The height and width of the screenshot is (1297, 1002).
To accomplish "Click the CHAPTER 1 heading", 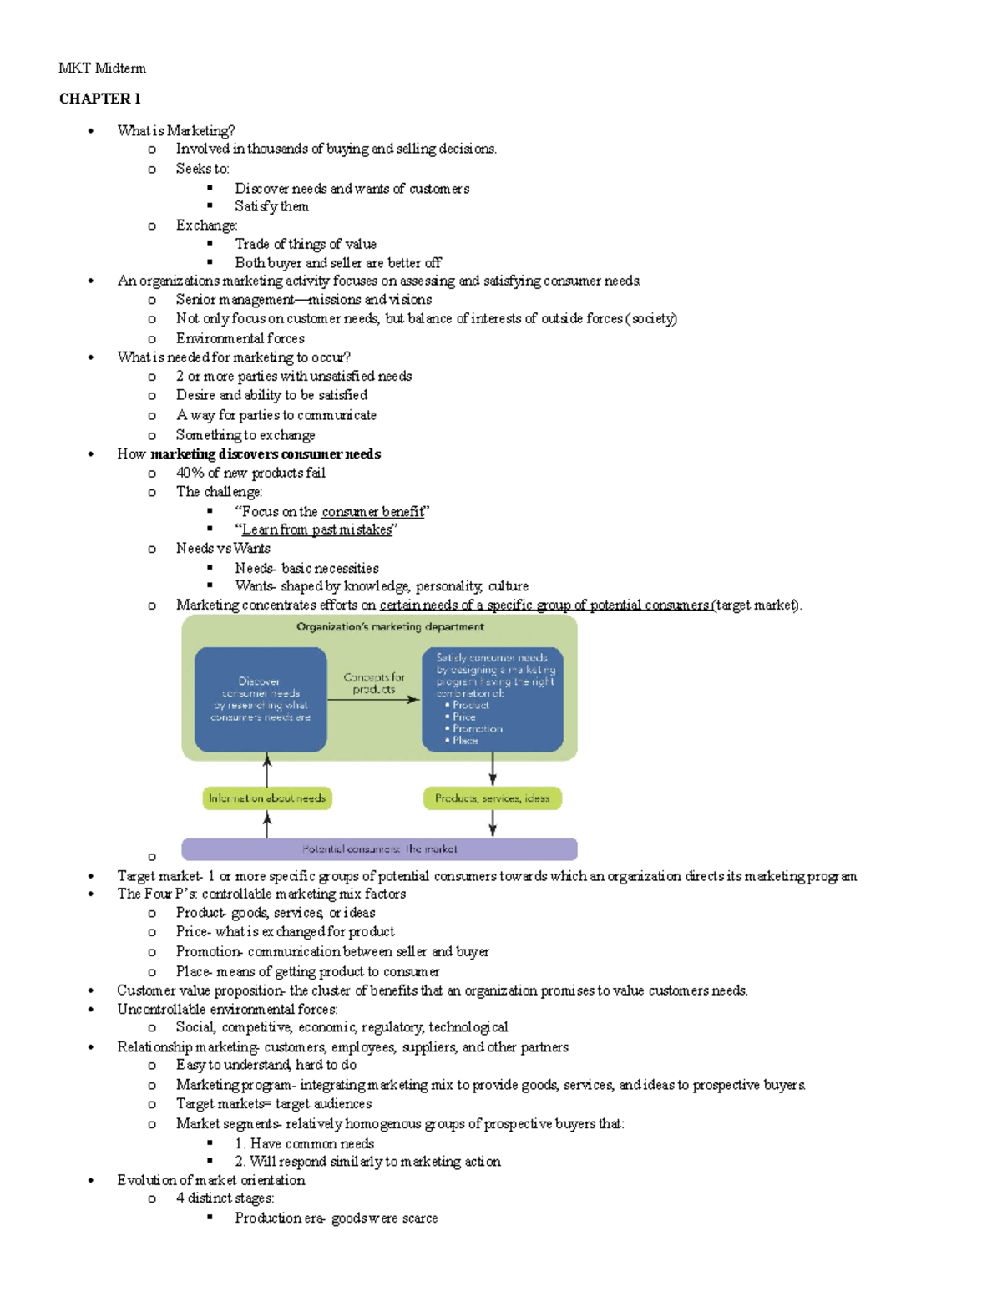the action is pyautogui.click(x=99, y=99).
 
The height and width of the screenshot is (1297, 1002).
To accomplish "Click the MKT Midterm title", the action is pyautogui.click(x=102, y=68).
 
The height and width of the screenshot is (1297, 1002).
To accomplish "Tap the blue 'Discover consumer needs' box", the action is pyautogui.click(x=261, y=699).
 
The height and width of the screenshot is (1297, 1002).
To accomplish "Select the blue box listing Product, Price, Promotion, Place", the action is pyautogui.click(x=493, y=699).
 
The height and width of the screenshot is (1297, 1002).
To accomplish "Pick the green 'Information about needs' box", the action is pyautogui.click(x=267, y=798).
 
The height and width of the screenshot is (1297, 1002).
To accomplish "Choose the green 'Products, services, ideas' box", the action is pyautogui.click(x=493, y=798).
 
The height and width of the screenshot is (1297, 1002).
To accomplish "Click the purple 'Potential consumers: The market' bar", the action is pyautogui.click(x=379, y=849).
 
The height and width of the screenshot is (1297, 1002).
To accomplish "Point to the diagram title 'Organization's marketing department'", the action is pyautogui.click(x=390, y=626).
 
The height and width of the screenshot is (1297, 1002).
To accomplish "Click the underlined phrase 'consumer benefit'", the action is pyautogui.click(x=372, y=512).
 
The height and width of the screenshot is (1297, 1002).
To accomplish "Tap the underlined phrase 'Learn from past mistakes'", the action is pyautogui.click(x=316, y=529).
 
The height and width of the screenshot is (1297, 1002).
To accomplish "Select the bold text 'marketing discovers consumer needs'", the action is pyautogui.click(x=266, y=454).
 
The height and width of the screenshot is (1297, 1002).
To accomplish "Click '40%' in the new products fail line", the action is pyautogui.click(x=190, y=473).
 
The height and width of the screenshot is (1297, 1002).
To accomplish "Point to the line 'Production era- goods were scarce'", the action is pyautogui.click(x=336, y=1218).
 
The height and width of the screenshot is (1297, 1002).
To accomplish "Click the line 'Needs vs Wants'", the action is pyautogui.click(x=223, y=549).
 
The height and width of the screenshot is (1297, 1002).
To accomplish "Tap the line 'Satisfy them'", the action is pyautogui.click(x=271, y=206).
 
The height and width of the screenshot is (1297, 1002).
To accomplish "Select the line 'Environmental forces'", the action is pyautogui.click(x=240, y=338).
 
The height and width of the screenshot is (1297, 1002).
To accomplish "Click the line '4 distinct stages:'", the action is pyautogui.click(x=225, y=1198).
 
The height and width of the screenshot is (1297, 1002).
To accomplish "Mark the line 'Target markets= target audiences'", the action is pyautogui.click(x=273, y=1104).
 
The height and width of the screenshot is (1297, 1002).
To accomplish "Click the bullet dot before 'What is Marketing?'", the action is pyautogui.click(x=91, y=131).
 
